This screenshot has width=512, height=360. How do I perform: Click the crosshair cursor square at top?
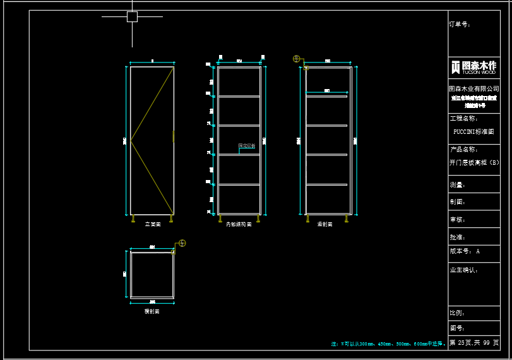coord(132,16)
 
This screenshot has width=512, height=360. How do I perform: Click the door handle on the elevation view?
coord(174,136)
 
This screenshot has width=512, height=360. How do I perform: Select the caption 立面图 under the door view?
coord(153,224)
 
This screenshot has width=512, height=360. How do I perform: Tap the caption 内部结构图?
coord(239,224)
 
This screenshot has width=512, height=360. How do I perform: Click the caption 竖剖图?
coord(325,224)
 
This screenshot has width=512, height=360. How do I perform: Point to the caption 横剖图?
coord(152,311)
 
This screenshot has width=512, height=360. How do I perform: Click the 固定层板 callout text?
coord(247,146)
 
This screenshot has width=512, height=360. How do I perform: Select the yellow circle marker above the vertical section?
coord(296,59)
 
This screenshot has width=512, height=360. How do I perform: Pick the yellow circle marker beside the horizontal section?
coord(182,243)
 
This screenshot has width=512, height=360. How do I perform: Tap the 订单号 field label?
coord(460,24)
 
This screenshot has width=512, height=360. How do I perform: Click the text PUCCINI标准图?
coord(473,132)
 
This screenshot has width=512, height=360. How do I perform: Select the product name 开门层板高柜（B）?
coord(474,162)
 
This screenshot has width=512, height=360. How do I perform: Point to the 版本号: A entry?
coord(465,251)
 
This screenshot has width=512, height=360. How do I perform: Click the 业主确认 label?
coord(463,270)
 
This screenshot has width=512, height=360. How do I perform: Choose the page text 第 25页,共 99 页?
coord(474,343)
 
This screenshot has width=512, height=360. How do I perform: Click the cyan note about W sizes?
coord(388,344)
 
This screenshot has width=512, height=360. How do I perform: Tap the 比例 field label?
coord(457,313)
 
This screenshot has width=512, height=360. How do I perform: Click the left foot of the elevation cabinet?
coord(133,219)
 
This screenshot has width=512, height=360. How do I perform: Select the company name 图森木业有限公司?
coord(473,89)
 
